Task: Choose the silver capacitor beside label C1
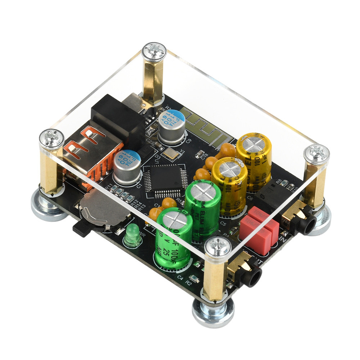tap(127, 167)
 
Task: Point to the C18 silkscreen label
tap(204, 156)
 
